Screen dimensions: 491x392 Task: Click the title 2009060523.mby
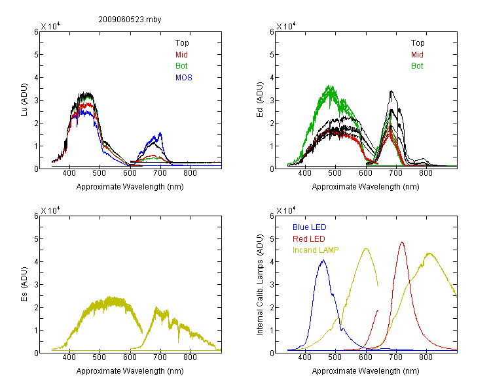130,20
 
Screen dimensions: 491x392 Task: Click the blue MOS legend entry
184,78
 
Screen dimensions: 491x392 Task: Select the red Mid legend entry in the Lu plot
181,55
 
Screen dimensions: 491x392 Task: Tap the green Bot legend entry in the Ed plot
417,66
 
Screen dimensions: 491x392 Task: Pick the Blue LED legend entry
310,227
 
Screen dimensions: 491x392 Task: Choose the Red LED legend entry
309,239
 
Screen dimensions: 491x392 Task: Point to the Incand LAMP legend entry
316,250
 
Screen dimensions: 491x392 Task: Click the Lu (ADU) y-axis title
24,100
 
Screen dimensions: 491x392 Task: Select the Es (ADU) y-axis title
24,284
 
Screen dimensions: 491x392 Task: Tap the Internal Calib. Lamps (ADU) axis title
260,285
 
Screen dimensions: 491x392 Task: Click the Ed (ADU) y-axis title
260,100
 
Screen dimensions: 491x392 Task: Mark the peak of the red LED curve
402,242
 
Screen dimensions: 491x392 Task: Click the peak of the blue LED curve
323,260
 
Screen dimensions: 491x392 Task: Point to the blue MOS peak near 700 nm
160,133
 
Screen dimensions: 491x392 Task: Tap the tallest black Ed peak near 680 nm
391,91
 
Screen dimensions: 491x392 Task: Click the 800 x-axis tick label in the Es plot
190,357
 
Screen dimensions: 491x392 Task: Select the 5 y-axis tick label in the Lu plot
36,55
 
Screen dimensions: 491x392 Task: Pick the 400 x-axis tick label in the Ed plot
304,173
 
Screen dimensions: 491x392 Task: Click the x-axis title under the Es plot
130,371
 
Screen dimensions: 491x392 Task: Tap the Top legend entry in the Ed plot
418,43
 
